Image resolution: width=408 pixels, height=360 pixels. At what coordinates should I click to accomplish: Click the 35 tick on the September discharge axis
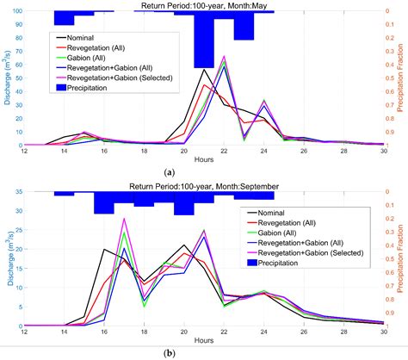pyautogui.click(x=16, y=192)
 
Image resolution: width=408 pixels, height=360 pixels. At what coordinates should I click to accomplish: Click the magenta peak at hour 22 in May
pyautogui.click(x=224, y=57)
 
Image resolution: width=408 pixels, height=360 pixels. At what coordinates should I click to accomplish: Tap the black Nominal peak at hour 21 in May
pyautogui.click(x=204, y=70)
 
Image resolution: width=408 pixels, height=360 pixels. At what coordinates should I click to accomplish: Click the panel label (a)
pyautogui.click(x=204, y=171)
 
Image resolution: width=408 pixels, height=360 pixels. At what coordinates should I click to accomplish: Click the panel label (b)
pyautogui.click(x=204, y=352)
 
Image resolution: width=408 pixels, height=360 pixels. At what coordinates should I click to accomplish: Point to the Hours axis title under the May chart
pyautogui.click(x=204, y=161)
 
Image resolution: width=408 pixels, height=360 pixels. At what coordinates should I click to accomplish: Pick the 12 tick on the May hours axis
pyautogui.click(x=25, y=152)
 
